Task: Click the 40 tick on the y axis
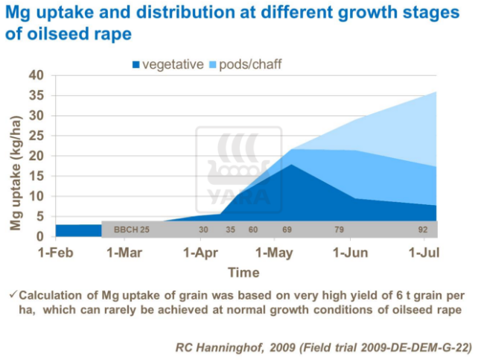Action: click(x=37, y=75)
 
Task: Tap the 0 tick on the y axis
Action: click(x=42, y=236)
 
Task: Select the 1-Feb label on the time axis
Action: click(x=57, y=253)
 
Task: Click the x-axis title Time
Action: click(x=243, y=272)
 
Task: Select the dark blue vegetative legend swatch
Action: click(x=136, y=65)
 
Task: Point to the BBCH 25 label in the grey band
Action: click(x=132, y=230)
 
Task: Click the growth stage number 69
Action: click(x=287, y=230)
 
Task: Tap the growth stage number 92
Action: click(x=423, y=230)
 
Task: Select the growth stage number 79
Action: click(x=339, y=230)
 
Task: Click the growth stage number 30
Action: click(x=203, y=230)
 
